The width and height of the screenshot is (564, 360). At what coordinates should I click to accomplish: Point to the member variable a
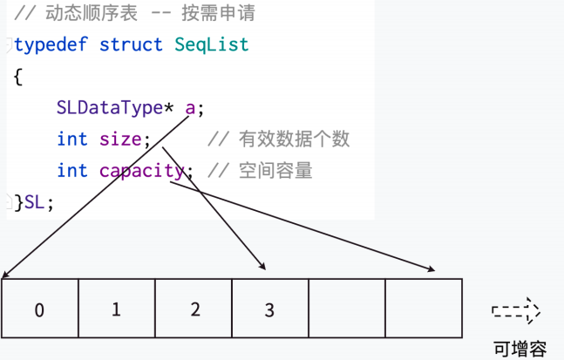[191, 108]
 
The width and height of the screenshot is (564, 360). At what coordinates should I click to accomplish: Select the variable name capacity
[141, 171]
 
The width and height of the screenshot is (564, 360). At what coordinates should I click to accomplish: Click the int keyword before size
[72, 139]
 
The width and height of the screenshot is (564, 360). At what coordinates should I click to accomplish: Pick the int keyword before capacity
[72, 171]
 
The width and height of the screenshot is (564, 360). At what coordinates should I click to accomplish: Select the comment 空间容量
[275, 171]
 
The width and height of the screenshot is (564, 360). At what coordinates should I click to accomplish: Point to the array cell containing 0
[40, 309]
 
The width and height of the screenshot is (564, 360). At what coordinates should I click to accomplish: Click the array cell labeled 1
[117, 309]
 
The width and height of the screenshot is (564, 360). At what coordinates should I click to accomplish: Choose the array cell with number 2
[194, 309]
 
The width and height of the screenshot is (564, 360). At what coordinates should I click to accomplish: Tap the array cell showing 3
[269, 309]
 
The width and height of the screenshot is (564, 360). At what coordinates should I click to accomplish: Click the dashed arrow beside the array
[516, 311]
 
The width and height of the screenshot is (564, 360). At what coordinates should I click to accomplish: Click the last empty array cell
[423, 309]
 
